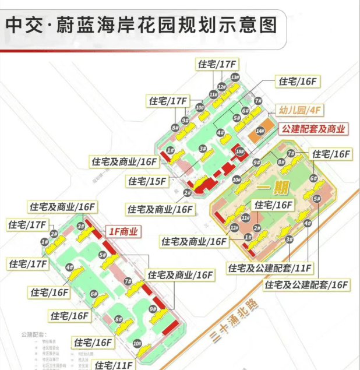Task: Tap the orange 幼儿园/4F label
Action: (299, 110)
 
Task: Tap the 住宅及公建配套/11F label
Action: (270, 268)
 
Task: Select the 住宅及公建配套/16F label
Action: (306, 285)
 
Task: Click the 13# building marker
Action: (235, 76)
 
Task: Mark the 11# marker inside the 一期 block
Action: (245, 217)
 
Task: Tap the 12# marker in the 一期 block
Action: (233, 227)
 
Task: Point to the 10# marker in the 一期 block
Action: (236, 180)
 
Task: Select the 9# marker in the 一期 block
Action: (256, 162)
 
